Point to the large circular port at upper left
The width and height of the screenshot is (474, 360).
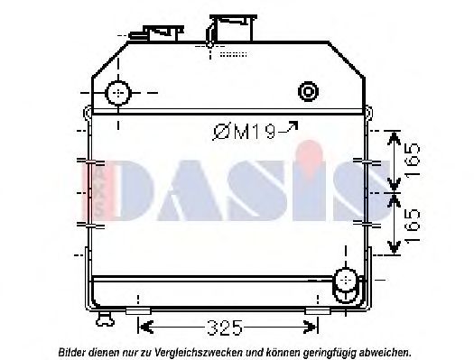117,93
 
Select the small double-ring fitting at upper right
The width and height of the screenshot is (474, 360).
309,91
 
